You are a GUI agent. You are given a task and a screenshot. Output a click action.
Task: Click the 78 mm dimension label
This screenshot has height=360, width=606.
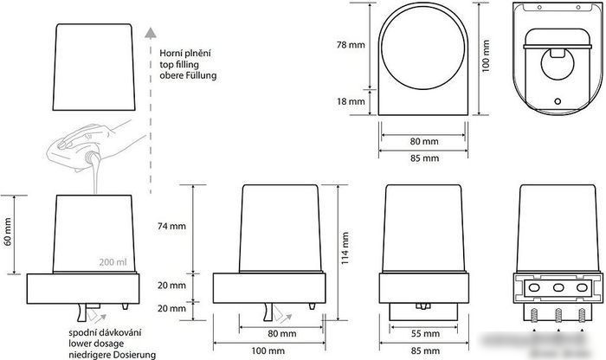[x=351, y=45]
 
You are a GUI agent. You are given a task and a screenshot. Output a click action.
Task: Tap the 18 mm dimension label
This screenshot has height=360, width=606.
[x=351, y=101]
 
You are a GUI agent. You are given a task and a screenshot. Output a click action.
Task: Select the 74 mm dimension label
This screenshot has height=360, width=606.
[x=171, y=227]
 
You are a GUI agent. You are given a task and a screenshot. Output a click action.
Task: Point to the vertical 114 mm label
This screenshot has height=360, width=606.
[x=345, y=248]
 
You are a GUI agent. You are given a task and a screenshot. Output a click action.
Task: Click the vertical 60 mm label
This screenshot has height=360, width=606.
[x=8, y=232]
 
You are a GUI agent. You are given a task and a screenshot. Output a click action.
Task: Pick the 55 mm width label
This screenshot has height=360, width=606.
[x=425, y=334]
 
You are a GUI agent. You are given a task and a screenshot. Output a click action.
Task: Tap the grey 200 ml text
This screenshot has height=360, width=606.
[x=113, y=262]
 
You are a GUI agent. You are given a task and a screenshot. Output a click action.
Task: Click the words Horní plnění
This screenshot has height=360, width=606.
[x=185, y=54]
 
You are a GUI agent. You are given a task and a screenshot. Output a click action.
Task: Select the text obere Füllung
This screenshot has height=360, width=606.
[x=188, y=75]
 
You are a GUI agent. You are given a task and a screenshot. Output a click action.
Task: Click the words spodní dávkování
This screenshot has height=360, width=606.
[x=105, y=333]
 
